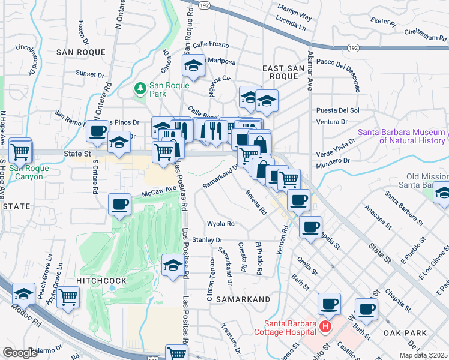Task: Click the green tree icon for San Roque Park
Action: [140, 89]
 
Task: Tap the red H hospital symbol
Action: [325, 327]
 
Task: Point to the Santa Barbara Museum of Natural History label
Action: [402, 136]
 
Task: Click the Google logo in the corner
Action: [20, 353]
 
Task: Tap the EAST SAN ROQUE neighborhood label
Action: [284, 73]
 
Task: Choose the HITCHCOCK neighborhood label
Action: [101, 280]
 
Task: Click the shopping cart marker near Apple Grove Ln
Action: [68, 296]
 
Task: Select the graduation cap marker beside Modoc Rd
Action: [23, 293]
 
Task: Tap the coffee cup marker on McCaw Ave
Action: [119, 205]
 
